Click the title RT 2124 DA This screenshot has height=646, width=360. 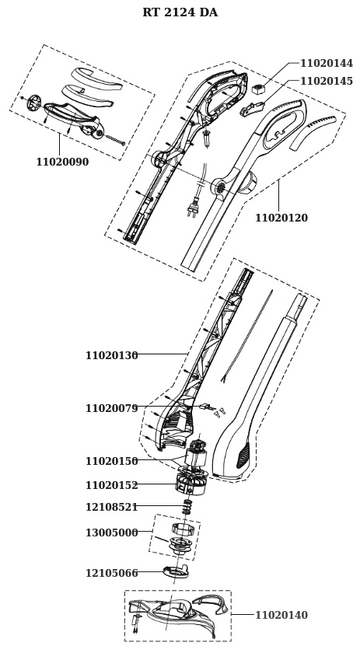click(180, 12)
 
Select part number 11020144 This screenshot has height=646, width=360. click(327, 64)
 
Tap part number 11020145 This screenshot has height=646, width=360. click(327, 81)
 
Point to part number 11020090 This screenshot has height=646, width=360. click(62, 162)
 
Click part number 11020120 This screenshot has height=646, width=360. click(281, 218)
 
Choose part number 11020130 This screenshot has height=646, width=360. click(112, 355)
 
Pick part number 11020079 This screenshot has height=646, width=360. click(112, 408)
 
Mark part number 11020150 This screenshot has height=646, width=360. click(112, 461)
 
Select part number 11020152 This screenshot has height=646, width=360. click(112, 485)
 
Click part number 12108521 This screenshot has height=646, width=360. click(112, 507)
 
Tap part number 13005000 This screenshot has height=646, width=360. click(112, 533)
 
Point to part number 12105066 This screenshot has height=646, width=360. click(112, 573)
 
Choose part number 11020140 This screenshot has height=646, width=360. click(281, 615)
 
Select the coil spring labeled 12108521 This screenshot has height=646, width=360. click(187, 506)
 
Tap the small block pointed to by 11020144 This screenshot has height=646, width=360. click(259, 88)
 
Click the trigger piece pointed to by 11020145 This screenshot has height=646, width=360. click(252, 109)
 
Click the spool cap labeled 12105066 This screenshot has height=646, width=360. click(176, 571)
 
